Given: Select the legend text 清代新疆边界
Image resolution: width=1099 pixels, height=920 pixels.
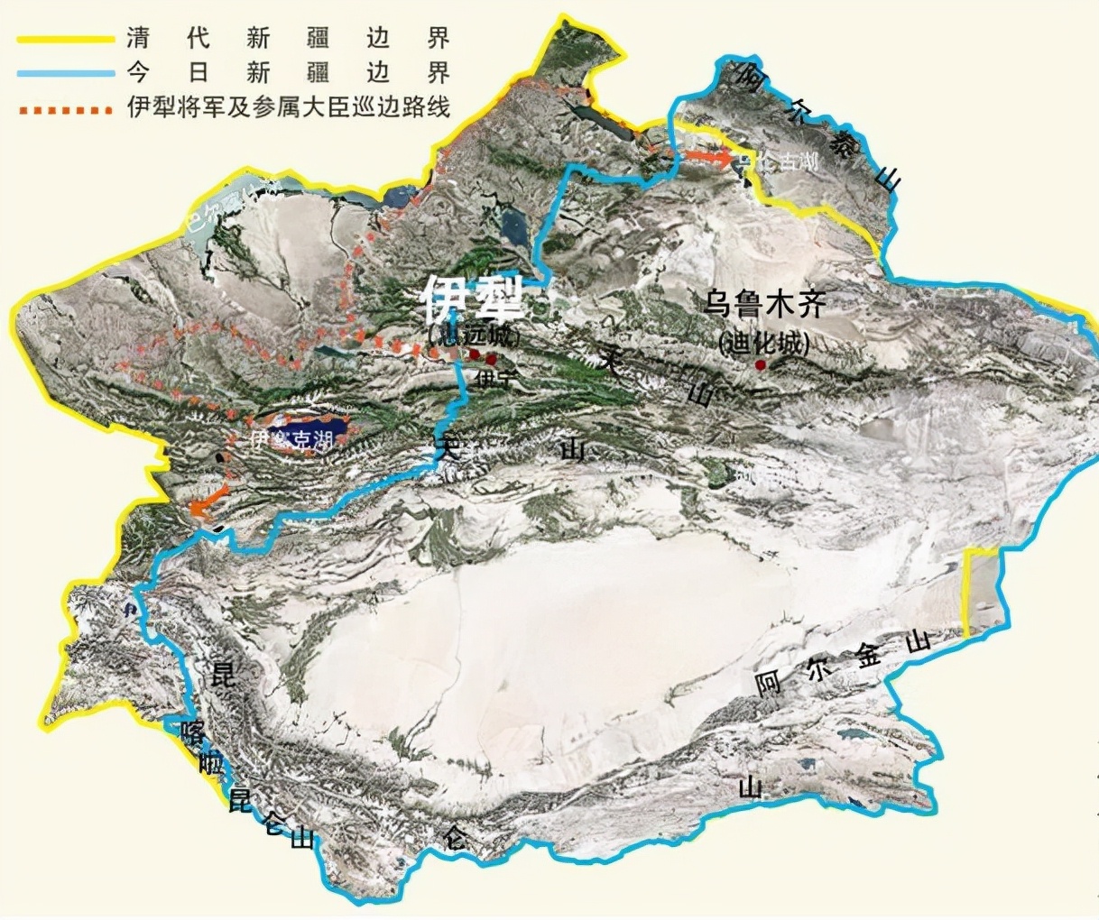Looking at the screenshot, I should tap(287, 39).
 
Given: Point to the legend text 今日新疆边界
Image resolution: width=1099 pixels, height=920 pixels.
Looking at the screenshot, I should tap(287, 73).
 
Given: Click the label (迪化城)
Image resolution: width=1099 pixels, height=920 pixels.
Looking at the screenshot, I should tap(764, 343).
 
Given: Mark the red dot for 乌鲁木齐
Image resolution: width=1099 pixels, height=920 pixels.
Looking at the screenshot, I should tap(761, 364).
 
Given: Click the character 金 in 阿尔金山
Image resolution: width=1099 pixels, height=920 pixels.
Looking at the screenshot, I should tap(868, 656).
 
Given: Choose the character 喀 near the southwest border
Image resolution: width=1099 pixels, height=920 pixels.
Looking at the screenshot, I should tap(192, 731).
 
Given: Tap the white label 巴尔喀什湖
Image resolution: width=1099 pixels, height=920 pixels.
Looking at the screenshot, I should tap(230, 208).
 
